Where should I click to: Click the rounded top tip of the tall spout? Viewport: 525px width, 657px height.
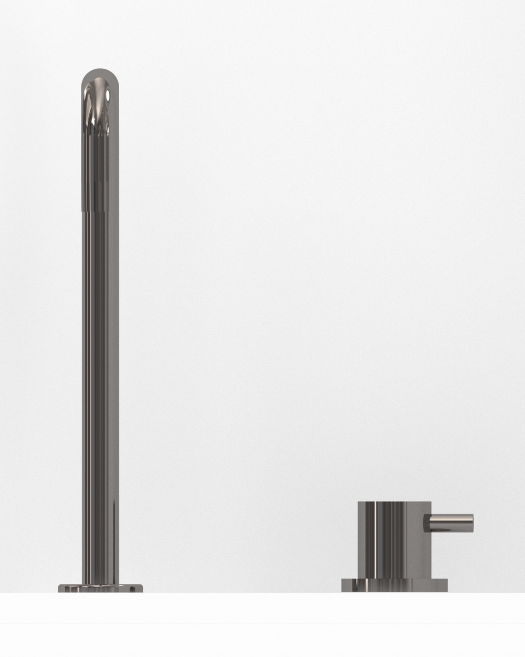100,69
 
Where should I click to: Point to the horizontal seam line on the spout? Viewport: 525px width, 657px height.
100,209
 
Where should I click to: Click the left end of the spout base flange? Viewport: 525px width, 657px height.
60,588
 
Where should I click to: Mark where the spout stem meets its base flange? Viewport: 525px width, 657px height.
100,582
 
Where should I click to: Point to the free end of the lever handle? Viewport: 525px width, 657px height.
471,523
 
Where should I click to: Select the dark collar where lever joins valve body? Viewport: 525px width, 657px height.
427,523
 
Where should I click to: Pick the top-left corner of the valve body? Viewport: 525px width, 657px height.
360,503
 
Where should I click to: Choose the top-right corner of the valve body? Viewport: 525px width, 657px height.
430,503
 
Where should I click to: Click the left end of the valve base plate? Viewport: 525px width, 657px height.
343,585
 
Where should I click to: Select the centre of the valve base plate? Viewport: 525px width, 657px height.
394,585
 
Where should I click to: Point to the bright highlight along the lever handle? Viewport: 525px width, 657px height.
451,518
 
